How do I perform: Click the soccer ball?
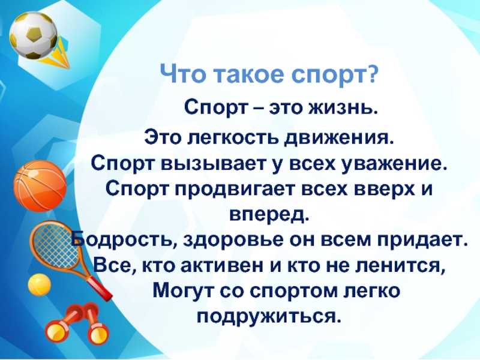pyautogui.click(x=33, y=35)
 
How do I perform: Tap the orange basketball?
pyautogui.click(x=40, y=186)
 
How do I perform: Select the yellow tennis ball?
pyautogui.click(x=39, y=284)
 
